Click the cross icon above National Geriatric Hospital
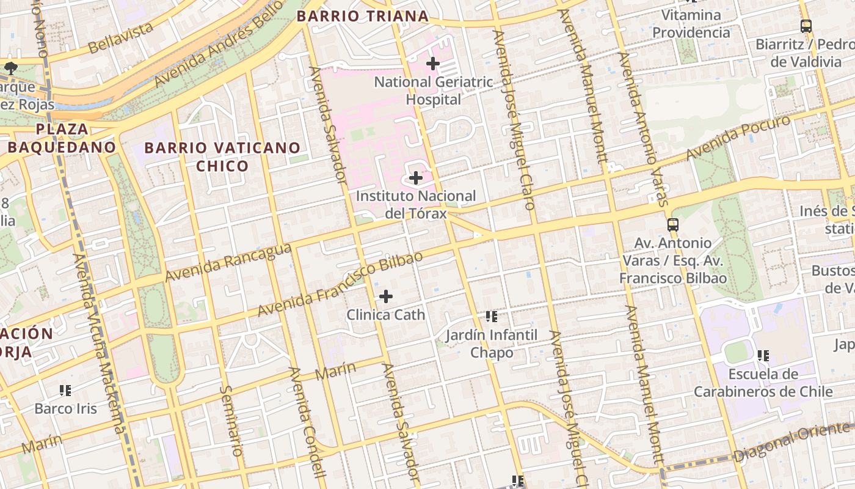click(433, 64)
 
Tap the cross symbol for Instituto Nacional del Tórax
click(416, 178)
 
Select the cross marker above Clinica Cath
click(386, 296)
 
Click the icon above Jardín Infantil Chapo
click(492, 317)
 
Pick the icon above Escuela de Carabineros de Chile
click(763, 355)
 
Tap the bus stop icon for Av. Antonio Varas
click(672, 225)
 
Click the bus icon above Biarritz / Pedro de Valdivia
click(806, 26)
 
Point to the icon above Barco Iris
click(65, 390)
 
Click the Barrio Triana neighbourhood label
click(363, 17)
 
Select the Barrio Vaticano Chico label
click(222, 156)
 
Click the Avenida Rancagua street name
click(228, 262)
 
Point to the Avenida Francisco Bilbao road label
click(340, 284)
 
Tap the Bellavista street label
click(120, 39)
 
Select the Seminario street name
click(231, 420)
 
